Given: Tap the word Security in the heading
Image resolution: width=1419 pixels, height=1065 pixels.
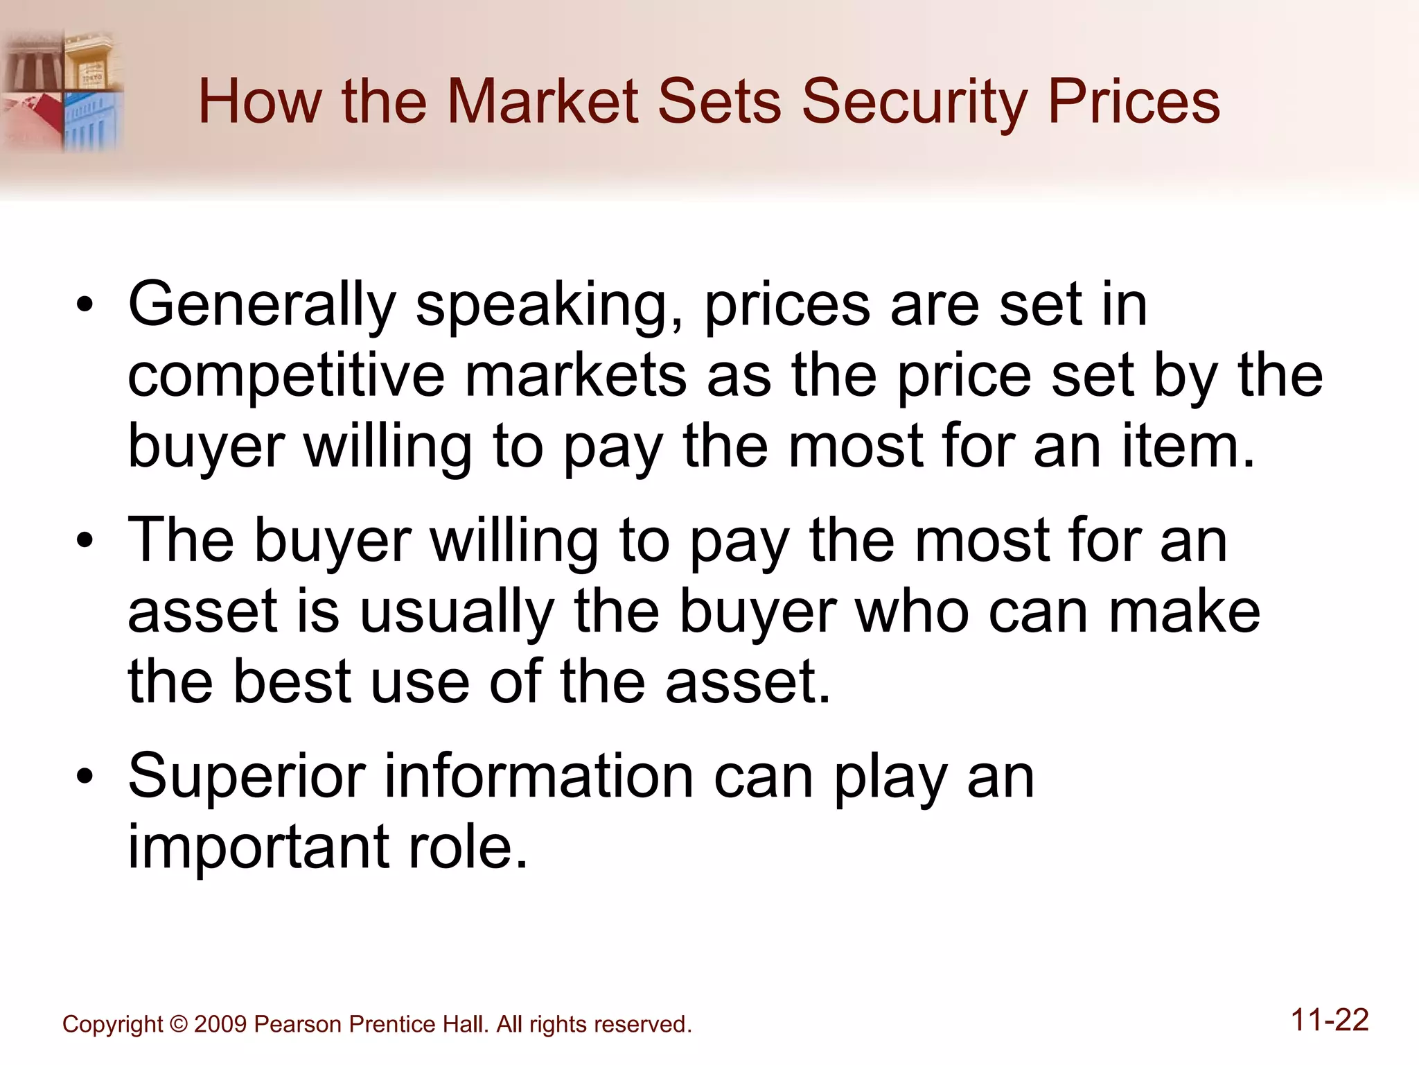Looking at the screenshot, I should [915, 103].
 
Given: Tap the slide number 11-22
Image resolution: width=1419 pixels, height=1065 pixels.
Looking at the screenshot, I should [1330, 1021].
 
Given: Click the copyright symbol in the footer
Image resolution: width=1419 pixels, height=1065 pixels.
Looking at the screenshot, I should [178, 1025].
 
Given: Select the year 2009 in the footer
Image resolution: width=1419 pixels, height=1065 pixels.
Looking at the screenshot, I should [220, 1025].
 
